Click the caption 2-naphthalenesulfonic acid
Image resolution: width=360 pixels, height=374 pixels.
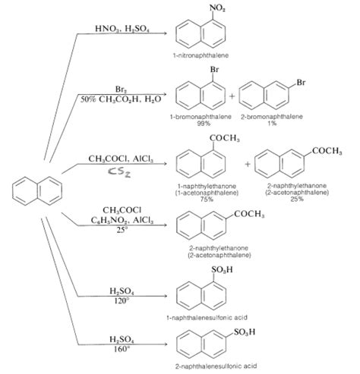coord(219,366)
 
